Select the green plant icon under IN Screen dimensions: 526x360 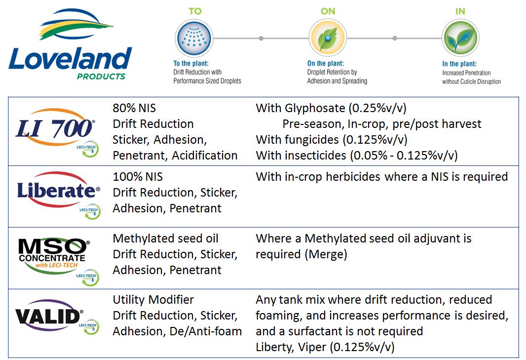460,38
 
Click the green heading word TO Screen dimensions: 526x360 195,11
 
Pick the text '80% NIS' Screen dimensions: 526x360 134,108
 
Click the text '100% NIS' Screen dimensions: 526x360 138,177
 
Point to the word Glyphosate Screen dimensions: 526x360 315,109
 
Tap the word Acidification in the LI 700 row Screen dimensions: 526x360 205,156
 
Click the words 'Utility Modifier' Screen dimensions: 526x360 153,300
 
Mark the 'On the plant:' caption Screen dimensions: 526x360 325,63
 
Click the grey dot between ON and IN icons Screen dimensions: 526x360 395,39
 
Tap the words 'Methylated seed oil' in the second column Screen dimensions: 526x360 165,239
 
